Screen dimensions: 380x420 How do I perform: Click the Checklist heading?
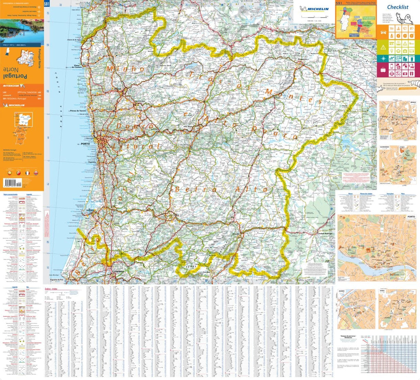point(397,7)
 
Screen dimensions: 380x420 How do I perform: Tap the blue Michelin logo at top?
point(314,9)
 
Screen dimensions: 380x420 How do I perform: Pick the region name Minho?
point(125,69)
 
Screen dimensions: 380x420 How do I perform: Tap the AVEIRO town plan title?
point(341,291)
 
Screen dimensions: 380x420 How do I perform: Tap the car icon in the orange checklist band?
point(382,32)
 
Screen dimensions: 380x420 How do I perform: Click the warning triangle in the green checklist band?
point(382,47)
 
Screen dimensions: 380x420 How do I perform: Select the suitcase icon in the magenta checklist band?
point(382,73)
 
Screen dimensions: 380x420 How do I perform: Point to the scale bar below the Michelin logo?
point(314,18)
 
